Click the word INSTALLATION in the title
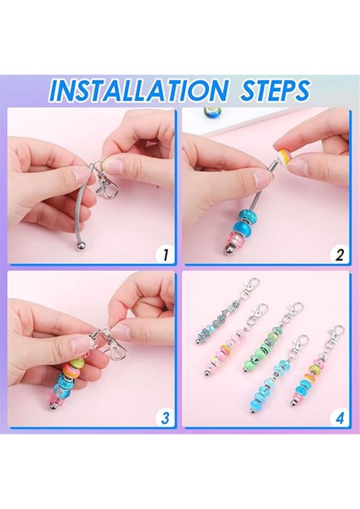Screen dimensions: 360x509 [x=138, y=90]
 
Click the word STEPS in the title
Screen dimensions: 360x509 [x=275, y=89]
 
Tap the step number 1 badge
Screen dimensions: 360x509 [x=166, y=255]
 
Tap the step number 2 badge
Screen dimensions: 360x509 [x=340, y=255]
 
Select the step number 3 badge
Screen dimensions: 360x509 [x=166, y=417]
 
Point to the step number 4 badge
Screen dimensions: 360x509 [x=340, y=417]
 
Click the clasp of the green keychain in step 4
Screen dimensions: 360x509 [x=295, y=311]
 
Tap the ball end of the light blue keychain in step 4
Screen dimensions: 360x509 [x=252, y=410]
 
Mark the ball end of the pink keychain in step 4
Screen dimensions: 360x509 [x=206, y=372]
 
